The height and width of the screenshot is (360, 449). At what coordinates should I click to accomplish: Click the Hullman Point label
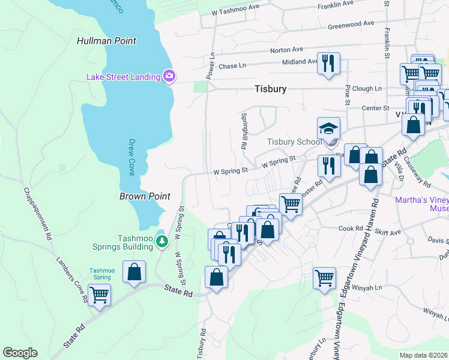point(106,41)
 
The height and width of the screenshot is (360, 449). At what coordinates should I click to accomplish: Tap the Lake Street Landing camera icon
point(169,76)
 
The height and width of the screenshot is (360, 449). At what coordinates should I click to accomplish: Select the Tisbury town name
point(270,89)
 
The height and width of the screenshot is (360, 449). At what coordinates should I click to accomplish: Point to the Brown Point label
point(145,196)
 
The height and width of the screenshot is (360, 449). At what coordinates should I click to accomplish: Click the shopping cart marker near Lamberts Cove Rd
point(99,294)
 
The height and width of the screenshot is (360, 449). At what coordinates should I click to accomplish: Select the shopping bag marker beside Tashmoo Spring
point(134,271)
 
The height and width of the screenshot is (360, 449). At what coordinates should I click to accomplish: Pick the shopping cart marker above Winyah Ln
point(324,278)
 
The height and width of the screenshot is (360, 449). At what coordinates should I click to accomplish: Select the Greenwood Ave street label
point(351,25)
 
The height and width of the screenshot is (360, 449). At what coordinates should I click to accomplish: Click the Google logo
point(20,353)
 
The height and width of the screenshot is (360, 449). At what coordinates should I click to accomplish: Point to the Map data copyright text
point(423,355)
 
